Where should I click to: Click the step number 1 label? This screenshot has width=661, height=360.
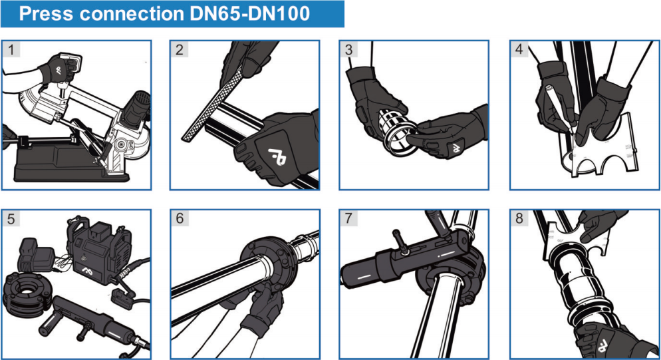[9, 49]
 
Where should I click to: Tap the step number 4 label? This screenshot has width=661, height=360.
[519, 49]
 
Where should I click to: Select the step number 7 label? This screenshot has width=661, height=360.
[348, 218]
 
